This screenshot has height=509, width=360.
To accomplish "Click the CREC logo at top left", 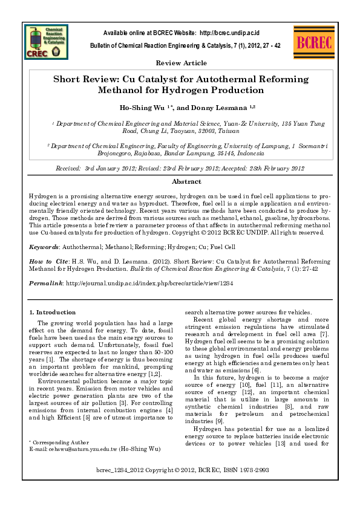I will click(48, 43).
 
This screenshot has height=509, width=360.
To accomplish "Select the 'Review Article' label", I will click(181, 63).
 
